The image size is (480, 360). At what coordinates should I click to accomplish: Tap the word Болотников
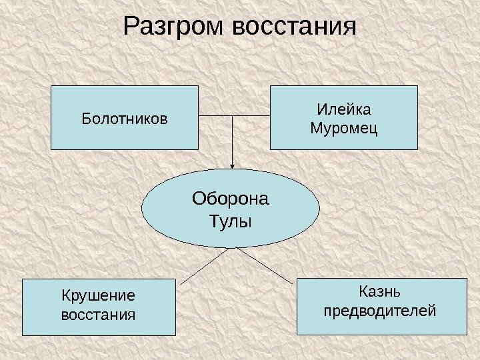coord(125,119)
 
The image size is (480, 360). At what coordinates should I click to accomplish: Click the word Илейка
coord(343,109)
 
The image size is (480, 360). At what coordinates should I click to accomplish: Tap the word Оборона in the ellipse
coord(231,199)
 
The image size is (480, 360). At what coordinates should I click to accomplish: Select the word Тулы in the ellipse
coord(231,220)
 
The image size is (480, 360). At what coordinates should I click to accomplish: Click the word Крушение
coord(98,295)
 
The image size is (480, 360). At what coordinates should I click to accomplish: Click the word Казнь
coord(381,291)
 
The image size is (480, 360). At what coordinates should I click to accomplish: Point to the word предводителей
coord(381,310)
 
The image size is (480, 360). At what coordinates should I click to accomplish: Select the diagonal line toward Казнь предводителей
coord(265,264)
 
